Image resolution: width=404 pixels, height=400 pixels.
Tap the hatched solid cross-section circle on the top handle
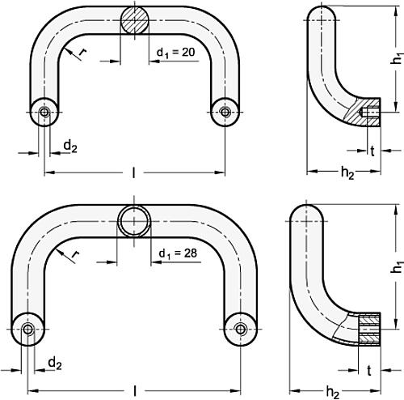(135, 22)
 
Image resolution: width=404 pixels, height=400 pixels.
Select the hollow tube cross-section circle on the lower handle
(133, 220)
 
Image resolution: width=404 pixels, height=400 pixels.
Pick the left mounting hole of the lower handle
(29, 328)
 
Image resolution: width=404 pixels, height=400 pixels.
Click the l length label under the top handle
(133, 172)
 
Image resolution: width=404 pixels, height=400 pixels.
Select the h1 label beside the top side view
(396, 61)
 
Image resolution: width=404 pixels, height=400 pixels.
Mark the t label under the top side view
(371, 151)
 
